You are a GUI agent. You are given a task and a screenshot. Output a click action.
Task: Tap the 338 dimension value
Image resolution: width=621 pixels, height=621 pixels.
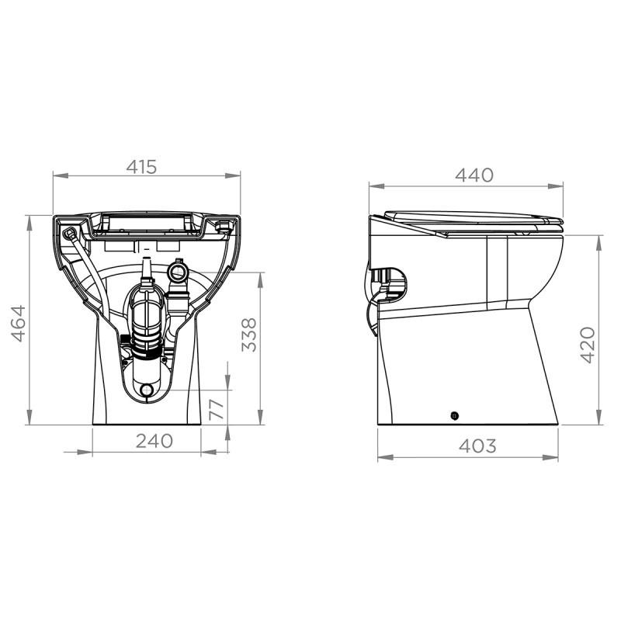[248, 335]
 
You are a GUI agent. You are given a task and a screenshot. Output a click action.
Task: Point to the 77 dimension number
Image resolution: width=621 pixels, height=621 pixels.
[217, 408]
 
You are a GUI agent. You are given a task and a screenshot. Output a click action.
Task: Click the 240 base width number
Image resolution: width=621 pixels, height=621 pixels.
[154, 441]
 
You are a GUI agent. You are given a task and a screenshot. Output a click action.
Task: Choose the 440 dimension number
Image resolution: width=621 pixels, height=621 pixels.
[474, 175]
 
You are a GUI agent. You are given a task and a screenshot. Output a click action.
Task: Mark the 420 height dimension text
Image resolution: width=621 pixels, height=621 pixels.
[588, 345]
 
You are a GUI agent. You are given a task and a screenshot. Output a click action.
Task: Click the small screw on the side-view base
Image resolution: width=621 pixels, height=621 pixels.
[454, 415]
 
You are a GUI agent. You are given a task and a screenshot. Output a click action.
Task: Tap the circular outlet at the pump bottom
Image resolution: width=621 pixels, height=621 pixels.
[145, 388]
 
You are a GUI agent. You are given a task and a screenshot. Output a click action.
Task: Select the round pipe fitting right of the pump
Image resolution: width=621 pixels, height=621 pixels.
[178, 272]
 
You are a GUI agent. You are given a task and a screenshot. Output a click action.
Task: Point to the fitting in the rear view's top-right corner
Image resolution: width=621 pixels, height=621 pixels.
[224, 226]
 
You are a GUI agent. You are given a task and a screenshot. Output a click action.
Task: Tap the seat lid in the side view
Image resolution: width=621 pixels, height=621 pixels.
[474, 217]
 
